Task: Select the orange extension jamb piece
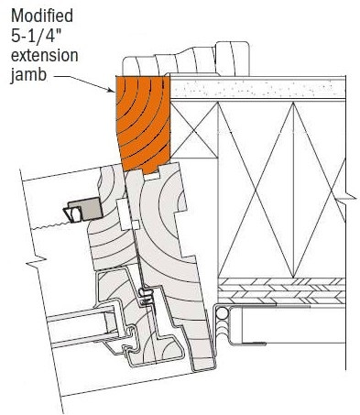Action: click(x=141, y=125)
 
